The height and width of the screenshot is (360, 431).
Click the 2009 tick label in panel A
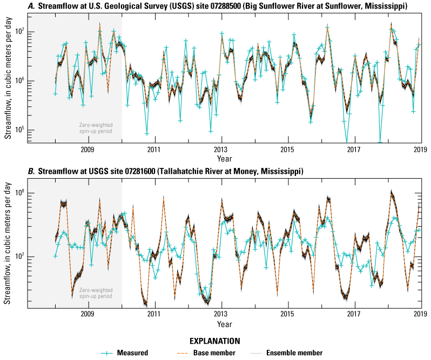[88, 150]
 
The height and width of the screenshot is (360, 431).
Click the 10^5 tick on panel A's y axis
[23, 131]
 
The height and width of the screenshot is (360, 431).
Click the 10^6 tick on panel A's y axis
[23, 81]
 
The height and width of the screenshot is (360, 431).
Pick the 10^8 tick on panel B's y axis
[23, 193]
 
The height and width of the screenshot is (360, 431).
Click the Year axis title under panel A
[224, 159]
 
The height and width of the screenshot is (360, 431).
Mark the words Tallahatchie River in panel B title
[173, 171]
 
